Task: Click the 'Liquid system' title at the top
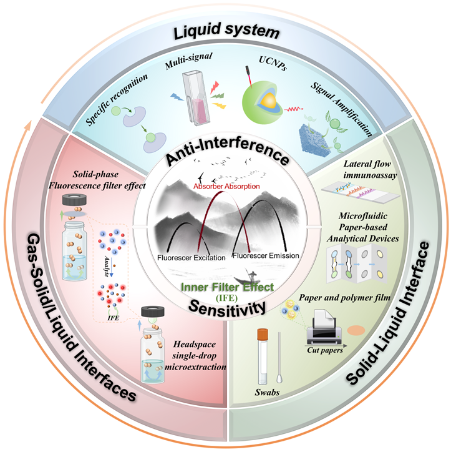tap(226, 31)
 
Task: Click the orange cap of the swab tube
tap(263, 335)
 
